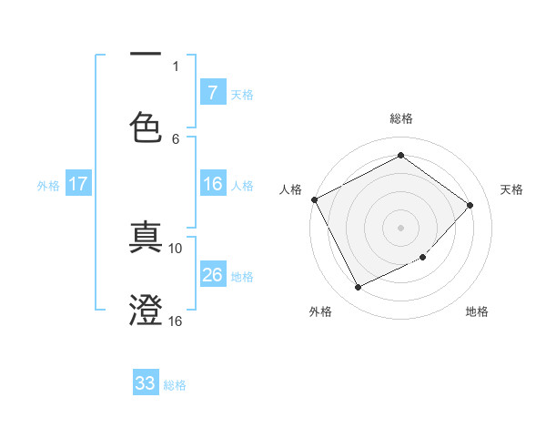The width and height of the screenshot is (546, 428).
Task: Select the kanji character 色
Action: [146, 127]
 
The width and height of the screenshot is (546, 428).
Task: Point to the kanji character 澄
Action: [146, 310]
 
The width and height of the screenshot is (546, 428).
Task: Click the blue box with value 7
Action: [212, 92]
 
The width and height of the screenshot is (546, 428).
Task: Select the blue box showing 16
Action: [212, 184]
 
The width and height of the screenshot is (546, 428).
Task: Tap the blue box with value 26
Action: [212, 274]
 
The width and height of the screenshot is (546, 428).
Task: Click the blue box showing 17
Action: [78, 184]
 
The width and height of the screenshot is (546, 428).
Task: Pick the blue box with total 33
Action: [146, 383]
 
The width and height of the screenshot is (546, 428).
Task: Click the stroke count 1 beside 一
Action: [176, 66]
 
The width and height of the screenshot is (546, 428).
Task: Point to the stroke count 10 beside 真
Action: [176, 248]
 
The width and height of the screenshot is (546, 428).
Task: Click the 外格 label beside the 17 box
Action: [48, 185]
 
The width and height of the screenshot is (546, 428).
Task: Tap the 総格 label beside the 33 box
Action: [175, 384]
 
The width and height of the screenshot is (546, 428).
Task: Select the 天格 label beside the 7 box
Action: [242, 93]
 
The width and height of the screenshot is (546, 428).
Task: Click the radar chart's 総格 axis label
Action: [401, 118]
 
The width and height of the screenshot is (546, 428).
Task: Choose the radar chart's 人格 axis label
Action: [291, 189]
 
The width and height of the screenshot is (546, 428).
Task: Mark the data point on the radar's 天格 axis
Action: [470, 205]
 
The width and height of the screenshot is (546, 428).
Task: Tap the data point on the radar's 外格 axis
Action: [358, 288]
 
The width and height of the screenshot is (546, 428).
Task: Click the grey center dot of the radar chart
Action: [401, 227]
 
